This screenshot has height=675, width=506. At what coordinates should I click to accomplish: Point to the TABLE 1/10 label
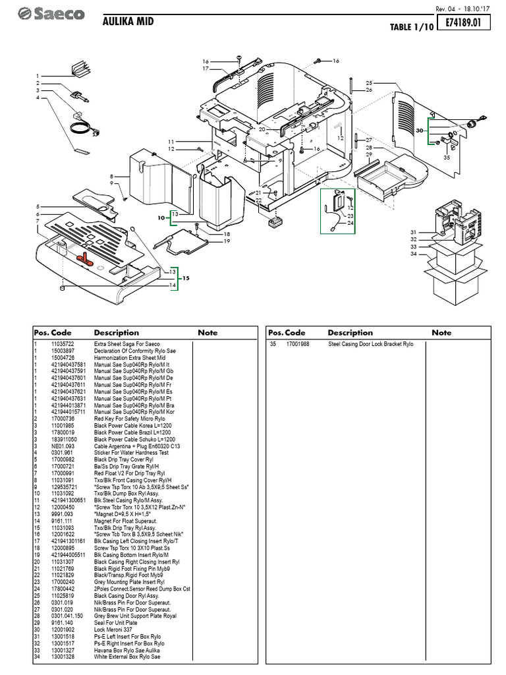click(410, 27)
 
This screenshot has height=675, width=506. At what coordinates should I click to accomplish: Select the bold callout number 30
click(419, 131)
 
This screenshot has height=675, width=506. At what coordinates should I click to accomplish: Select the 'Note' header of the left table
click(207, 333)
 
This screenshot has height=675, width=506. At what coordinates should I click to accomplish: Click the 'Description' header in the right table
click(350, 333)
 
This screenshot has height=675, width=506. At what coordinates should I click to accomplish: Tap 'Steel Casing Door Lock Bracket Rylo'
click(370, 344)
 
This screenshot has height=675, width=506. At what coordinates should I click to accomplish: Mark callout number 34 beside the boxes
click(413, 254)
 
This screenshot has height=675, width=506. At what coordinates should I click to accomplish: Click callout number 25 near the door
click(369, 82)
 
